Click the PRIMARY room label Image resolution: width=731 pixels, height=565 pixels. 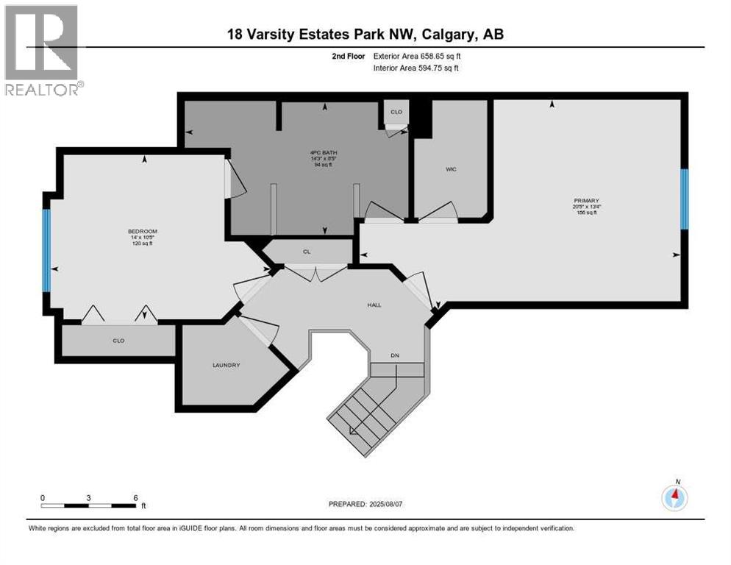(588, 200)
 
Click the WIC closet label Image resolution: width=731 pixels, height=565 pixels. (452, 169)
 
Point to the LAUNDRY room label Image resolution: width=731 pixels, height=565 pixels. (226, 365)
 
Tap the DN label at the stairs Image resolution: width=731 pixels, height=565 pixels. (395, 355)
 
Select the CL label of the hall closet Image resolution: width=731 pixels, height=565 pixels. (307, 252)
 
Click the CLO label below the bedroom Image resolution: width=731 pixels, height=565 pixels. (118, 341)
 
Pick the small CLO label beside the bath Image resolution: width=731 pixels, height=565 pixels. (396, 113)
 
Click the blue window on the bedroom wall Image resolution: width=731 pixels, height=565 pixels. (46, 251)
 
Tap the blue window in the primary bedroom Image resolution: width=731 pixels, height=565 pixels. (684, 199)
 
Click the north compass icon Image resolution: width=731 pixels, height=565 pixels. (674, 497)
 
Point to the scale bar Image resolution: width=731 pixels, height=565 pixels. (89, 505)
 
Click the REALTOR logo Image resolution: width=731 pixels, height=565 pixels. (42, 49)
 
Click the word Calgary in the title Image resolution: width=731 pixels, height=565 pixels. (450, 35)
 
